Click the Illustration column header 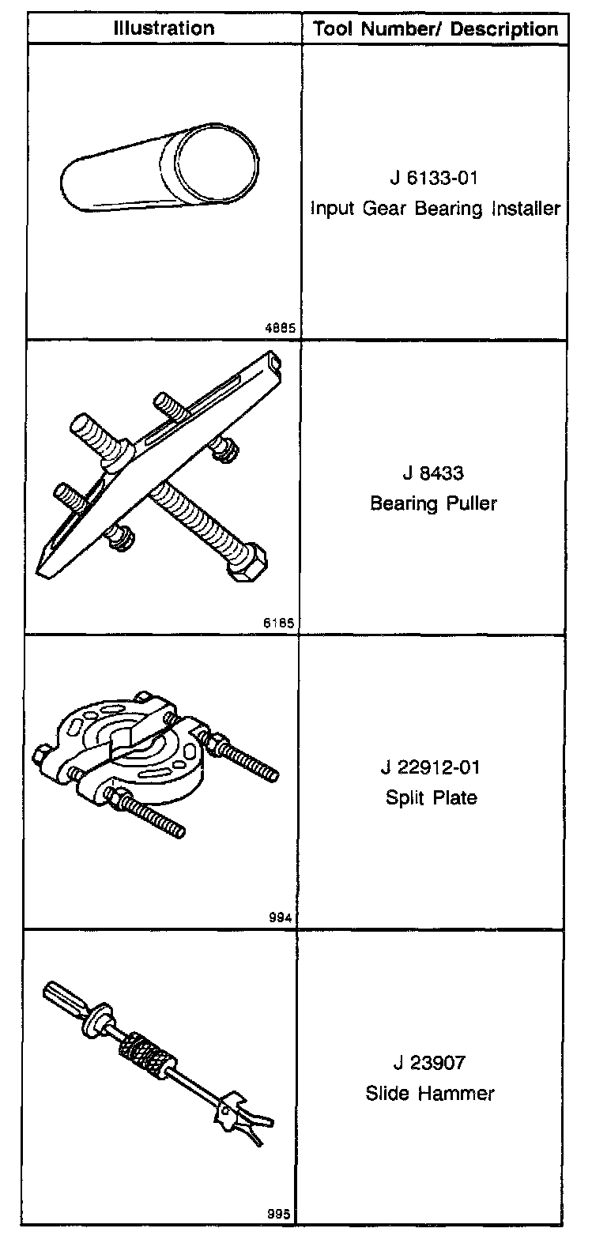(x=164, y=28)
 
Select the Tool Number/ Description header (x=435, y=30)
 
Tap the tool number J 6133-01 (x=434, y=178)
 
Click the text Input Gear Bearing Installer (x=435, y=209)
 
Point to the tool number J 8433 (x=433, y=473)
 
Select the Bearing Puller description (x=434, y=503)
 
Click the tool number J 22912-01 (x=431, y=767)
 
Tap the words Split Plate (x=432, y=797)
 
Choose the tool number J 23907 (x=431, y=1063)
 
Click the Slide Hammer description (x=430, y=1094)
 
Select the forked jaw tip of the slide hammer (x=254, y=1127)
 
